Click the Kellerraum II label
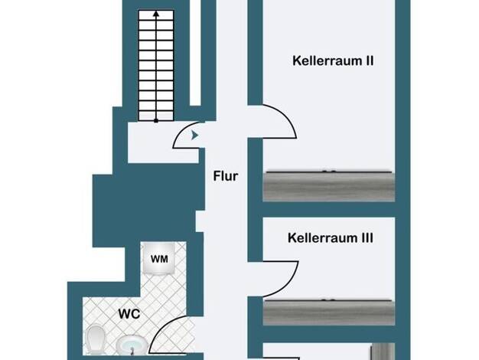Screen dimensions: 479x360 (333, 61)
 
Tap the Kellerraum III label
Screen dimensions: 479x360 (331, 238)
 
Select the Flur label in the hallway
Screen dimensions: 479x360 (226, 176)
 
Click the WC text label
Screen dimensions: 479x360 (129, 314)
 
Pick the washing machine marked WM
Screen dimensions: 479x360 (159, 258)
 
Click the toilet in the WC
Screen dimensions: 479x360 (96, 340)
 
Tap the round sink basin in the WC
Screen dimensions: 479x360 (132, 345)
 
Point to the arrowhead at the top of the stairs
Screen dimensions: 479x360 (156, 14)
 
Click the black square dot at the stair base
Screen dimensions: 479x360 (156, 121)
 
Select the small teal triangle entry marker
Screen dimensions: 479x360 (194, 135)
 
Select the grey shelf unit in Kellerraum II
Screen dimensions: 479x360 (329, 186)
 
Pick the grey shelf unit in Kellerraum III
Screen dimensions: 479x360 (329, 312)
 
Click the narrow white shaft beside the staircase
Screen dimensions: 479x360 (196, 53)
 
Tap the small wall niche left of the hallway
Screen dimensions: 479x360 (200, 221)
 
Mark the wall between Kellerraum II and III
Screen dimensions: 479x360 (329, 210)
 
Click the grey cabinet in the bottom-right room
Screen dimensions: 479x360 (383, 352)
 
